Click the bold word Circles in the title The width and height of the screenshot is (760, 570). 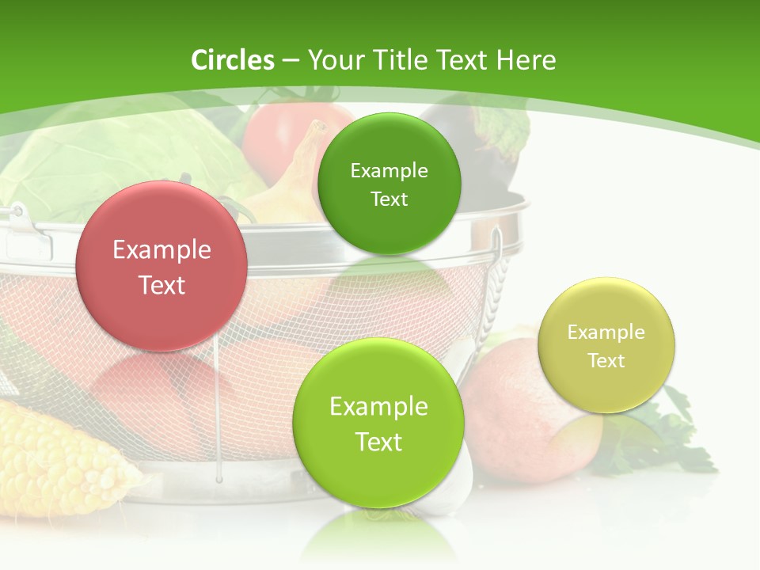point(233,60)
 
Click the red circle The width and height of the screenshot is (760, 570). point(161,266)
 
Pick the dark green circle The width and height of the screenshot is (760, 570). point(389,184)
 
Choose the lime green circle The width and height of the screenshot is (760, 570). point(378,423)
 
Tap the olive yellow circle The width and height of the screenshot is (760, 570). point(606,345)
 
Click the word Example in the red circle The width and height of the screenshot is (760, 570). point(161,250)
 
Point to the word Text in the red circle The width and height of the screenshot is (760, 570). point(161,285)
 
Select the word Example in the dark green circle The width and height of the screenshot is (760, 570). point(389,170)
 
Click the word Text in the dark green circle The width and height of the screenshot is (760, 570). point(389,199)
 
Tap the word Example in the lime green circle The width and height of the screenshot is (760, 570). point(378,407)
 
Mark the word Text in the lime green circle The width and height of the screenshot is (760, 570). point(378,442)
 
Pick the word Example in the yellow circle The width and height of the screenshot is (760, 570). point(606,332)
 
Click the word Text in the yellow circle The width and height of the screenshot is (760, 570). point(606,360)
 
